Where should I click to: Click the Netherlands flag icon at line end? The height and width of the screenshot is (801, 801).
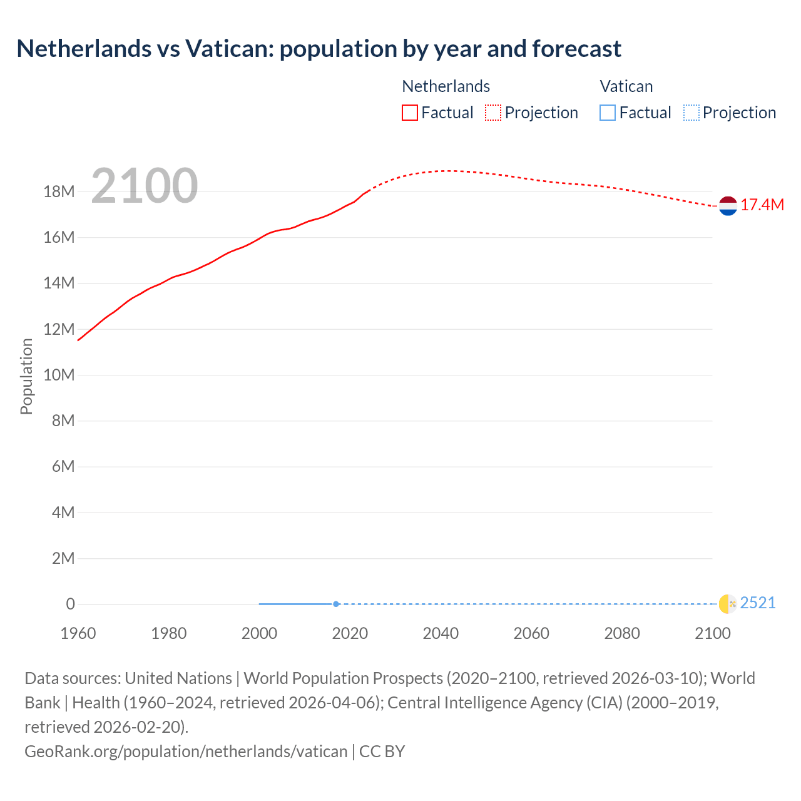pyautogui.click(x=728, y=206)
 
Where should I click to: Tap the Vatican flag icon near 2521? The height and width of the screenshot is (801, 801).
pyautogui.click(x=728, y=604)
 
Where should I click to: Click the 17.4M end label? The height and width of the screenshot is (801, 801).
pyautogui.click(x=762, y=205)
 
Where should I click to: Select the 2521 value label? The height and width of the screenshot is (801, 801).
pyautogui.click(x=758, y=603)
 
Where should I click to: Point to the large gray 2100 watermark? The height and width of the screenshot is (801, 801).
pyautogui.click(x=145, y=186)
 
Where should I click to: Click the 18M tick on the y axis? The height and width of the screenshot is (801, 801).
pyautogui.click(x=59, y=192)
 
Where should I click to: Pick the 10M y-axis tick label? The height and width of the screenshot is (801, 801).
pyautogui.click(x=59, y=375)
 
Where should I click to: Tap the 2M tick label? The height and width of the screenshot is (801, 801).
pyautogui.click(x=63, y=558)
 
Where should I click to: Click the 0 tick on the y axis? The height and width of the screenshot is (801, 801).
pyautogui.click(x=70, y=605)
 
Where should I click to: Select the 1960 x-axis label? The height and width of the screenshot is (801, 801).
pyautogui.click(x=78, y=633)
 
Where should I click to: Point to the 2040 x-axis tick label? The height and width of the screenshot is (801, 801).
pyautogui.click(x=441, y=633)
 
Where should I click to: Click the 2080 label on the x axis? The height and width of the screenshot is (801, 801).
pyautogui.click(x=622, y=633)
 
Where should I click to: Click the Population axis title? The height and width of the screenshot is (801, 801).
pyautogui.click(x=26, y=376)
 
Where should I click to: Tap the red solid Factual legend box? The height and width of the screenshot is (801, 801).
pyautogui.click(x=410, y=113)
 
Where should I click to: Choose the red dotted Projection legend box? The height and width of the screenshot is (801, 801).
pyautogui.click(x=493, y=113)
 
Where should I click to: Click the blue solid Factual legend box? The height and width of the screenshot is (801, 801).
pyautogui.click(x=608, y=113)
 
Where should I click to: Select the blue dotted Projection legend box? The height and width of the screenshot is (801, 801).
pyautogui.click(x=691, y=113)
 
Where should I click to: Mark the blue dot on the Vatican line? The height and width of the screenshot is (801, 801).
pyautogui.click(x=336, y=604)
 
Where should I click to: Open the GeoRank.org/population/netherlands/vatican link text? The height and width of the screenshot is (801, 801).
pyautogui.click(x=186, y=752)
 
